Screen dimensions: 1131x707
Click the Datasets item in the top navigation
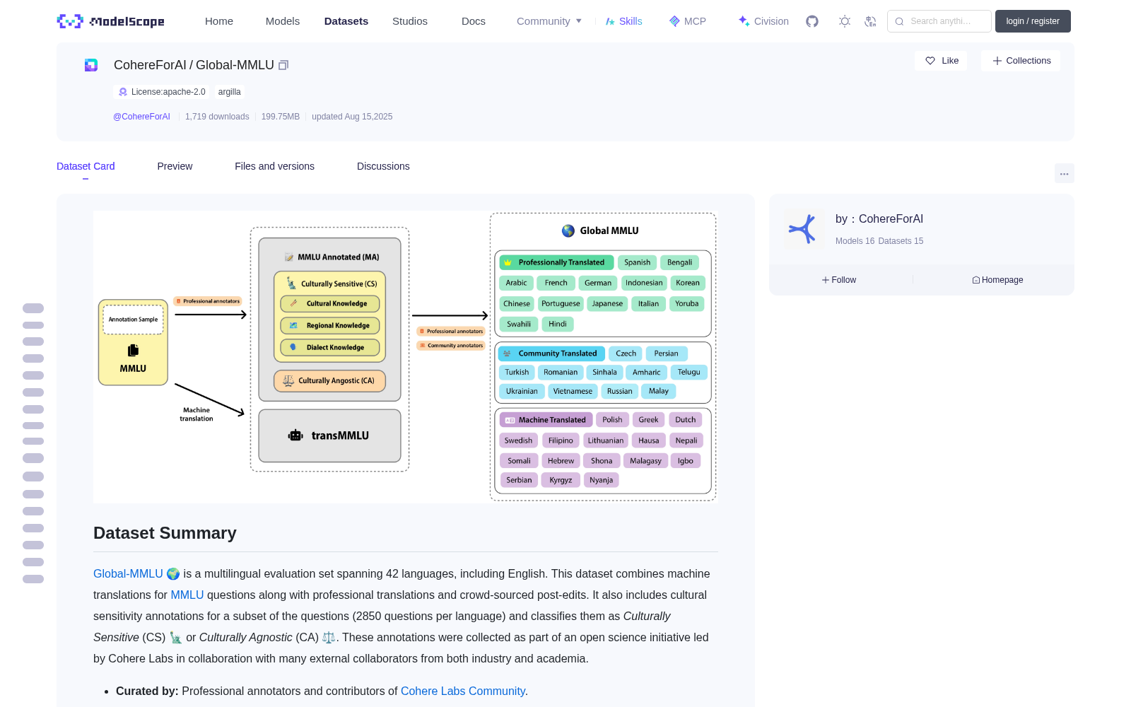[x=346, y=21]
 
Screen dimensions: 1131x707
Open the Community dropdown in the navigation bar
[x=549, y=21]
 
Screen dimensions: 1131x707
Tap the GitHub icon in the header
[x=812, y=21]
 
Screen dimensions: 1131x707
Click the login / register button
[x=1033, y=21]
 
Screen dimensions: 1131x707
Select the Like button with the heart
[x=941, y=61]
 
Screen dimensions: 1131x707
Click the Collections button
[x=1021, y=61]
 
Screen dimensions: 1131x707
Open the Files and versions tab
[x=274, y=166]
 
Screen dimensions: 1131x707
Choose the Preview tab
[x=175, y=166]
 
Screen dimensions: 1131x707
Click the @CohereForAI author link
[x=141, y=117]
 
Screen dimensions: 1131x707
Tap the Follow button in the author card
[x=838, y=280]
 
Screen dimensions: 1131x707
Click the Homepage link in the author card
[x=997, y=280]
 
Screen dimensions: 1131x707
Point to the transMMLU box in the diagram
[x=329, y=436]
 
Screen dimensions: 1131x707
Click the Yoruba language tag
[x=686, y=303]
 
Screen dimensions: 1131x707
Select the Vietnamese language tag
[x=573, y=391]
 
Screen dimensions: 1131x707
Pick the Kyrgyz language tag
[x=561, y=480]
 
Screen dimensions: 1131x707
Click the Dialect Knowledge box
[x=329, y=347]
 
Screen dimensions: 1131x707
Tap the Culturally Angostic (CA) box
[x=329, y=381]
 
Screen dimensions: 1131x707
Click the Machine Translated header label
[x=546, y=420]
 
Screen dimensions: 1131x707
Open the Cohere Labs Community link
[x=462, y=691]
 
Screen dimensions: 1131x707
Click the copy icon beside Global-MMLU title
[x=283, y=65]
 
